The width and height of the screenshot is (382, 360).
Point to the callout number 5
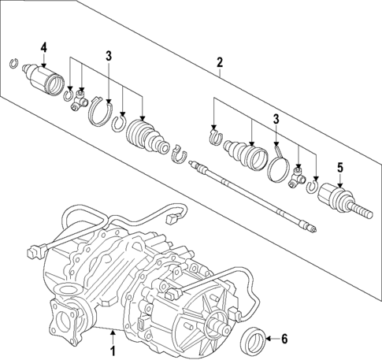340,167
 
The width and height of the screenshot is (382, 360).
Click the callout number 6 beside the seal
284,339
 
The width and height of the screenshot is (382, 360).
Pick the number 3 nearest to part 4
109,55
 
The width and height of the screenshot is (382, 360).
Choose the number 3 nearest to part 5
276,120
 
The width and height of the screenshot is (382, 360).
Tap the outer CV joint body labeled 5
339,198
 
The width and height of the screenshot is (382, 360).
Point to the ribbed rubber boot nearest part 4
146,137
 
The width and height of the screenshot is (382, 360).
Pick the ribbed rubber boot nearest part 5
243,153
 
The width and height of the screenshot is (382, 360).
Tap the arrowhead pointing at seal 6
269,340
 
